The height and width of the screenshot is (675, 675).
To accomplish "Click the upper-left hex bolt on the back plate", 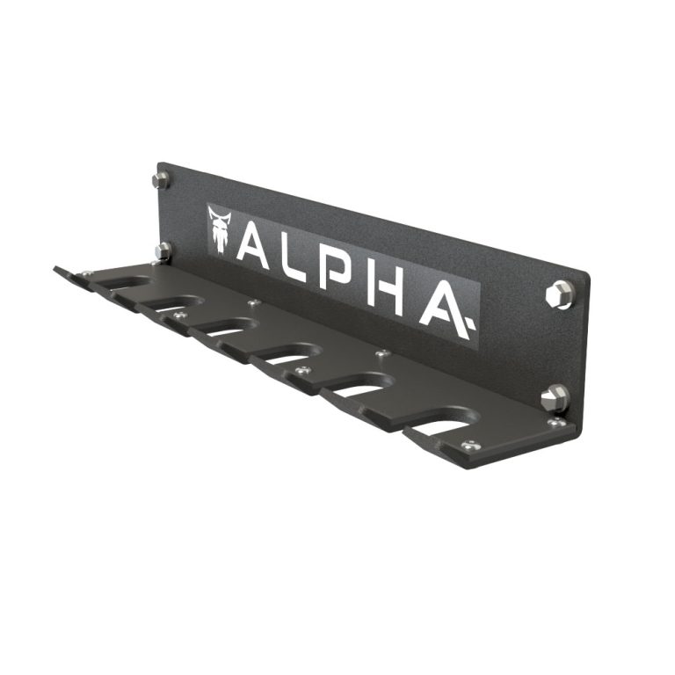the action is click(x=161, y=180).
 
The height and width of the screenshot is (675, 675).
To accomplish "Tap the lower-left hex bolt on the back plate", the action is click(x=163, y=251).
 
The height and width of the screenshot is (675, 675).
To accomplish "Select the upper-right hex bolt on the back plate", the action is click(x=559, y=294).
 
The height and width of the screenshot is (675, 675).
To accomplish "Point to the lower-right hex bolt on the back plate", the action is click(x=554, y=398).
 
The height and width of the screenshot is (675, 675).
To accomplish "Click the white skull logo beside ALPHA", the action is click(x=220, y=229).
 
